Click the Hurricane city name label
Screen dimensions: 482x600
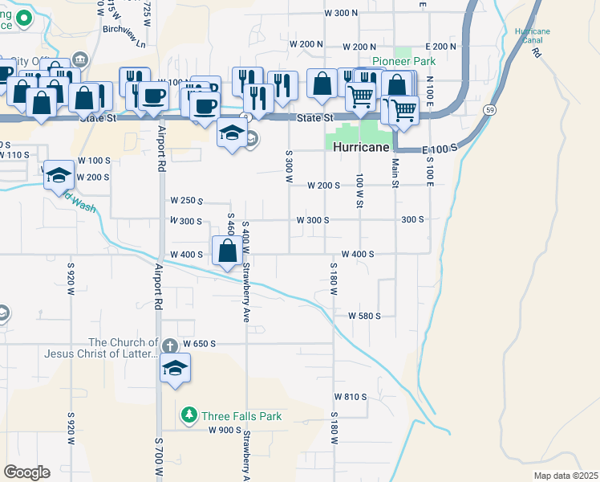pos(361,148)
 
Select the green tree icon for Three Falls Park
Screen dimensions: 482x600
pos(189,415)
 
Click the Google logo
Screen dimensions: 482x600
pos(26,472)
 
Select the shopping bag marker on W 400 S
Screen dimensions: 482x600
pos(228,251)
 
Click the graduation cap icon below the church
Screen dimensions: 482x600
pos(175,370)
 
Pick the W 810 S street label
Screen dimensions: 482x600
pos(350,397)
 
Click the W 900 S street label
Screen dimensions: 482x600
pos(225,430)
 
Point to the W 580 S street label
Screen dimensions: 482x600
pos(363,316)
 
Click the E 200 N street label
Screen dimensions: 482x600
pos(441,47)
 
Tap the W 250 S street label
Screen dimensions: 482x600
pos(186,201)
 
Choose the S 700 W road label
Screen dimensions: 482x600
pos(159,454)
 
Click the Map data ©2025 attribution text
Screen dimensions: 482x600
pos(566,476)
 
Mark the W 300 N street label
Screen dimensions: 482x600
pos(341,13)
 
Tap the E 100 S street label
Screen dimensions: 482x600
pos(439,149)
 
